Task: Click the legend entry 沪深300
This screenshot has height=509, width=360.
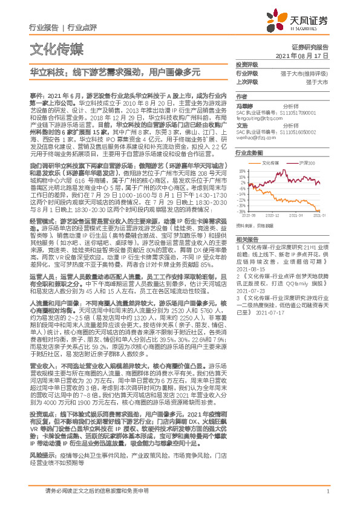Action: pyautogui.click(x=308, y=163)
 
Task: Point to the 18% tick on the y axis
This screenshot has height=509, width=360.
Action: pyautogui.click(x=241, y=170)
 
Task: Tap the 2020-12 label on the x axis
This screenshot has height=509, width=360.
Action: pyautogui.click(x=273, y=215)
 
